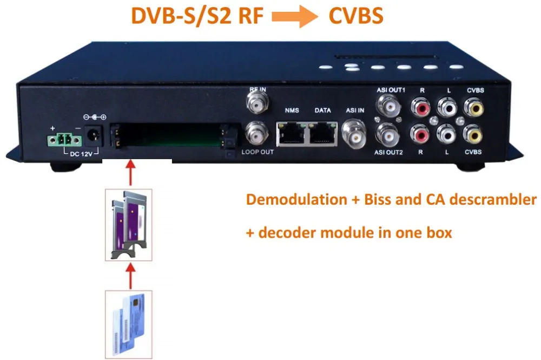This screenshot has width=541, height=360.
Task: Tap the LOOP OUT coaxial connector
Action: coord(256,132)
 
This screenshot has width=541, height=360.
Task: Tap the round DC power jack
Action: coord(93,135)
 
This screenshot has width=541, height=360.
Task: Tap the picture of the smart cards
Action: coord(129,323)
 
